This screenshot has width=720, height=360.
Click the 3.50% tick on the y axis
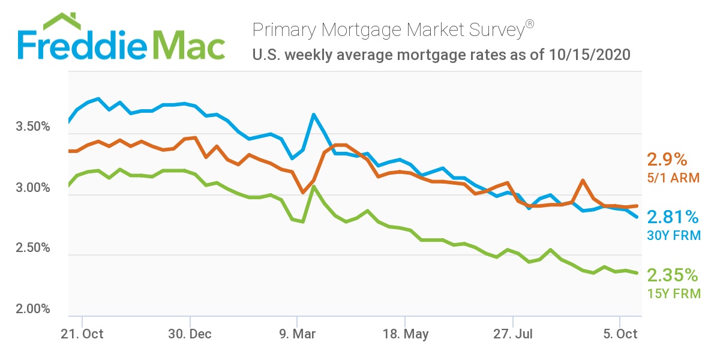pyautogui.click(x=32, y=127)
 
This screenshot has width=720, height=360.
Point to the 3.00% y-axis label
pyautogui.click(x=32, y=188)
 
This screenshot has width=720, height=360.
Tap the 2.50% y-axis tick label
pyautogui.click(x=32, y=248)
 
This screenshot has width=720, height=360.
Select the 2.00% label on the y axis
pyautogui.click(x=32, y=309)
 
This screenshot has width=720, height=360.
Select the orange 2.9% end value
pyautogui.click(x=666, y=160)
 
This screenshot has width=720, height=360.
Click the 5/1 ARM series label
pyautogui.click(x=670, y=178)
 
